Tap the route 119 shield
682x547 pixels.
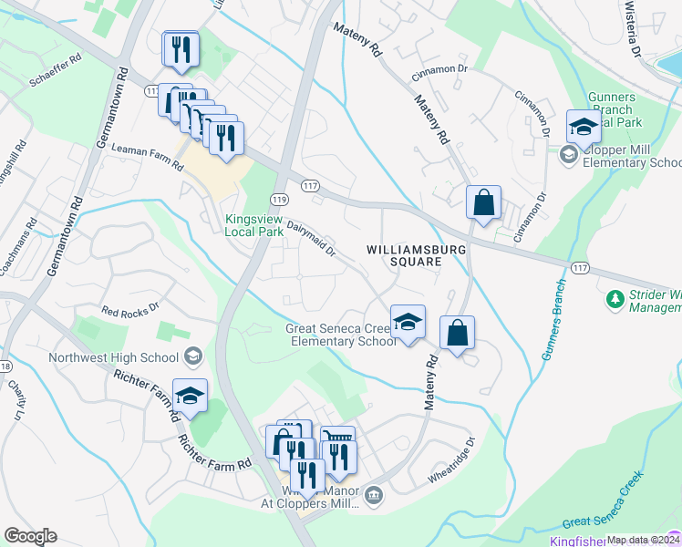click(280, 200)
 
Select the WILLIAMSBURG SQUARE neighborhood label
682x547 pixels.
click(404, 255)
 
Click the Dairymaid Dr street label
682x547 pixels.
click(312, 237)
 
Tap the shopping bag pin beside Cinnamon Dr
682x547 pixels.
click(483, 202)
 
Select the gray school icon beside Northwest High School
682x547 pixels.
click(191, 356)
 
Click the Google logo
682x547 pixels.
click(30, 536)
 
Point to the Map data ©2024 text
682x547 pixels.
click(643, 540)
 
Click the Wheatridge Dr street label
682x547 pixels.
click(452, 460)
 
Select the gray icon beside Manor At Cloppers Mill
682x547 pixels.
click(374, 495)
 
